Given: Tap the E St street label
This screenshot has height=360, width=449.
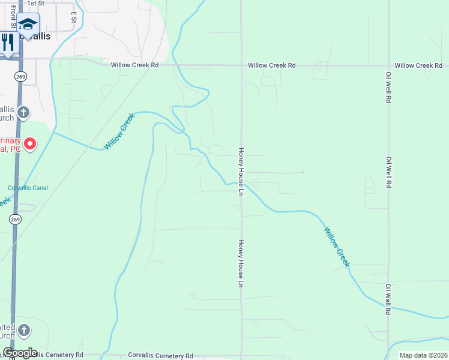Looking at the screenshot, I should pos(74,16).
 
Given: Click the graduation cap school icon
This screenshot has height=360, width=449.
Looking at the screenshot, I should pos(27,24).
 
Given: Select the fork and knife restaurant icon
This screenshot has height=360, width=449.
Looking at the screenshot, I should pos(8,42).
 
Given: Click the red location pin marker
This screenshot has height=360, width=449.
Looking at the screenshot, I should pos(30,144).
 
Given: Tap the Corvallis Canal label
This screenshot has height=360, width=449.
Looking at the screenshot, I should pos(27,188).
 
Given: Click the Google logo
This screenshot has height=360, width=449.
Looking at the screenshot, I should pos(20,353).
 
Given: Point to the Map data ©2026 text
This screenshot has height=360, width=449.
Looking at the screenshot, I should pos(423,355).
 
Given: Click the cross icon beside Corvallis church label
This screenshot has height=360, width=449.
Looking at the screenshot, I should pos(23,112).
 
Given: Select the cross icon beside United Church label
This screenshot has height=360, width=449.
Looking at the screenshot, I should pos(23,330).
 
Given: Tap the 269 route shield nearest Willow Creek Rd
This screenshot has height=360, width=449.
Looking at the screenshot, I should pos(20,76).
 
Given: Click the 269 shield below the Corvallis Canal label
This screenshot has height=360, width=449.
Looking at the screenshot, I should pos(16,220).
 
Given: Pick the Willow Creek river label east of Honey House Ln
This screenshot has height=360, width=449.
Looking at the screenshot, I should pos(336,247).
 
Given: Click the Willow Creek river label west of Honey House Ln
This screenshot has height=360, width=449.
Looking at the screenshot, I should pos(119,131).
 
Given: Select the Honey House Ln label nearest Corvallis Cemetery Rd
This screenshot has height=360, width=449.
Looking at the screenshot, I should pos(241,262).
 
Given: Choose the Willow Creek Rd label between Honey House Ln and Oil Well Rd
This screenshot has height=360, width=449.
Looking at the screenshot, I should pos(272,65).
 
